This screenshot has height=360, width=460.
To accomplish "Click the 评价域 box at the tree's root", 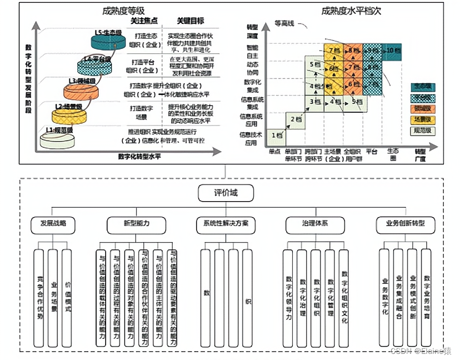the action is [x=226, y=193].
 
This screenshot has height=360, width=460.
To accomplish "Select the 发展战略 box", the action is [x=53, y=224].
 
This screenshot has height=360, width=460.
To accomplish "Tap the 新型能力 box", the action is [x=136, y=224].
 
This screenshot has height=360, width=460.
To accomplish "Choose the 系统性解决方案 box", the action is [x=226, y=224].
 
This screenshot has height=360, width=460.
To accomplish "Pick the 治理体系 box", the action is [x=314, y=224].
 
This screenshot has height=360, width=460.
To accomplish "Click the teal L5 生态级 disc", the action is [x=108, y=38].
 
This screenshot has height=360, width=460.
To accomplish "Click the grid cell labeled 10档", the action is [x=392, y=51].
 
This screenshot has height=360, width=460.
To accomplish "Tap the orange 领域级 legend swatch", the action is [x=423, y=109].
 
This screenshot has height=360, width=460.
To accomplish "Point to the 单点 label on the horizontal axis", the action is [x=274, y=151].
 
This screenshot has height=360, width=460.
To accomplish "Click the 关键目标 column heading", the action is [x=189, y=21].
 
